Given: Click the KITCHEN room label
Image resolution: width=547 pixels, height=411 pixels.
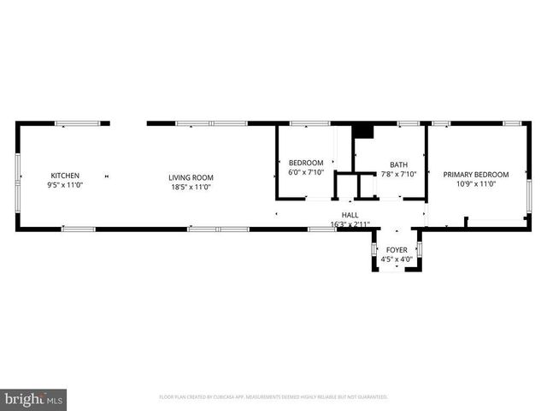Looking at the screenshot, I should pos(65,176).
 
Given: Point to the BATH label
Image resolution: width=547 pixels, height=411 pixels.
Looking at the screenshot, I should pos(398,164).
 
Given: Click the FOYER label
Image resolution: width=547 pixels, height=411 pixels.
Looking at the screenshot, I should pos(396,250).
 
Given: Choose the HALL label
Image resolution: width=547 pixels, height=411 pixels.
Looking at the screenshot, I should pos(350,216).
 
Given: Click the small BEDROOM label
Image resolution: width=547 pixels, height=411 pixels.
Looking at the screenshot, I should pos(305,163).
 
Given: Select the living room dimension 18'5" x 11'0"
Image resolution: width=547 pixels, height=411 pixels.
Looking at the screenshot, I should pos(190,187).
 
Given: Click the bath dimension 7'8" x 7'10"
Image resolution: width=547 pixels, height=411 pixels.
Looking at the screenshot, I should pos(398,175).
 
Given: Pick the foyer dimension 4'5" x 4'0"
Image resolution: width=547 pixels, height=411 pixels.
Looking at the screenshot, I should pos(396,259).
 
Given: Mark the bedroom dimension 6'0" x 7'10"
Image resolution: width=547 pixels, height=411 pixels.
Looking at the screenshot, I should pos(305,173).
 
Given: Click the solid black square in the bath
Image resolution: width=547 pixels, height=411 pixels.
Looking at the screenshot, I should pos(363,131).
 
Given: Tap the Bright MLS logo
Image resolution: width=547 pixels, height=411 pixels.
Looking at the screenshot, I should pos(34,398).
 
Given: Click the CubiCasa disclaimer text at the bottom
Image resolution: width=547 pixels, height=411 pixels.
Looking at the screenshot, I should pos(273,397).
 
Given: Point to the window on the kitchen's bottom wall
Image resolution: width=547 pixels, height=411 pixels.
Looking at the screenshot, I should pos(78,229).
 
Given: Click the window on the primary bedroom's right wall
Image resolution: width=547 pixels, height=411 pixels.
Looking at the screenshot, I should pos(529,184).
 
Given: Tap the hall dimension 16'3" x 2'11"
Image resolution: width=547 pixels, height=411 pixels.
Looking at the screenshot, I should pos(350,224).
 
